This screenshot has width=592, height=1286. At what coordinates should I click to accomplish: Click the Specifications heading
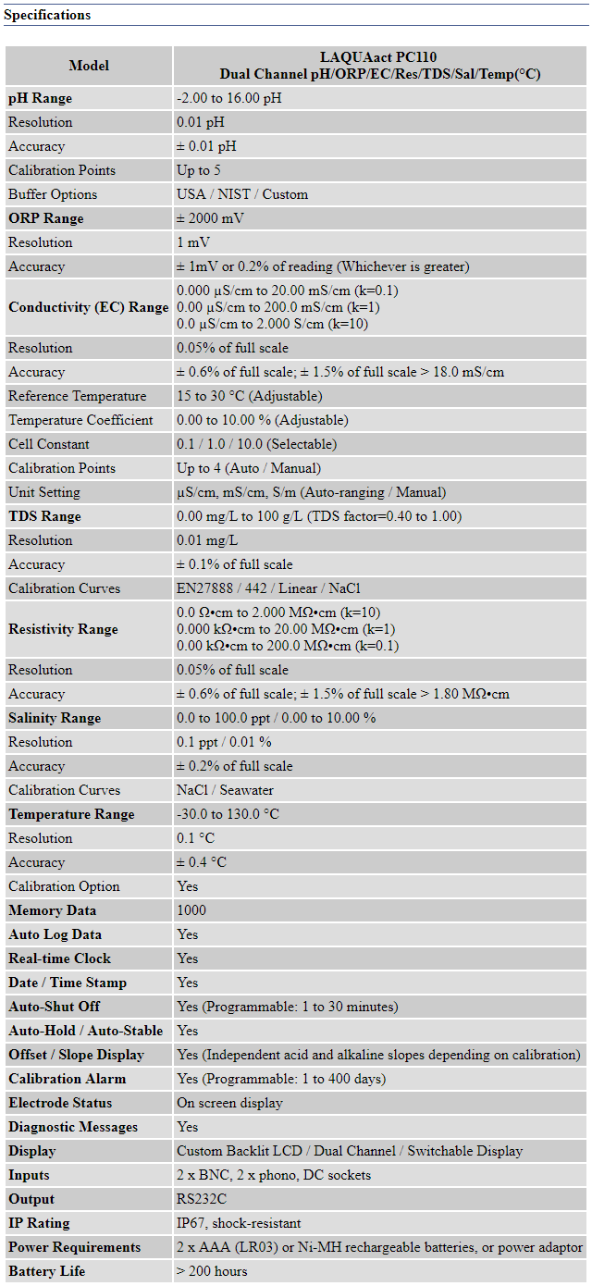click(47, 15)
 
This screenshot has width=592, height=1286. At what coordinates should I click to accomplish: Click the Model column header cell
click(89, 66)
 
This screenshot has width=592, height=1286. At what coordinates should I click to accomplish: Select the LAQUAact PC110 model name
click(379, 57)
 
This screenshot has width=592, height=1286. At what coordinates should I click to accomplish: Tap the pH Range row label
click(40, 98)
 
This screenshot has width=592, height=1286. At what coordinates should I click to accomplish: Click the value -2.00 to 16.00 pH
click(229, 98)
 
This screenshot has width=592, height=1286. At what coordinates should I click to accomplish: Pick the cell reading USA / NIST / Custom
click(242, 194)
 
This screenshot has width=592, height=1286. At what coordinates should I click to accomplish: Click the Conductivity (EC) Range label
click(89, 307)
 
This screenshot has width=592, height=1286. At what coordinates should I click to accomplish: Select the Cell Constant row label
click(49, 444)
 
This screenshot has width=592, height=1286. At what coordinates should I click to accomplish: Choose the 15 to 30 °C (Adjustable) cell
click(250, 396)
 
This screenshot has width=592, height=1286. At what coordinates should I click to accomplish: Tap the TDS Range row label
click(44, 516)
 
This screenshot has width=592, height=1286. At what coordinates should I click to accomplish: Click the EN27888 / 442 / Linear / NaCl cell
click(269, 588)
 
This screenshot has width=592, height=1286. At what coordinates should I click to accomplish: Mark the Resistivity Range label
click(63, 629)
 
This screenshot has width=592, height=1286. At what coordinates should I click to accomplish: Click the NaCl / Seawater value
click(225, 790)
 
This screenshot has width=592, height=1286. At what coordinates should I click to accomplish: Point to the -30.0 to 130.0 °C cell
click(228, 814)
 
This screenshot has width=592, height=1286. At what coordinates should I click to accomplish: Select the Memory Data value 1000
click(191, 910)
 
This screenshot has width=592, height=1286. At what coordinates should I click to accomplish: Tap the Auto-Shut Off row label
click(55, 1007)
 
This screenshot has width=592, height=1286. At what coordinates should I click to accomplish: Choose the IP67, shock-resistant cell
click(239, 1223)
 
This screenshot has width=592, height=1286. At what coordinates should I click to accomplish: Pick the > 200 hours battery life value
click(212, 1271)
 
